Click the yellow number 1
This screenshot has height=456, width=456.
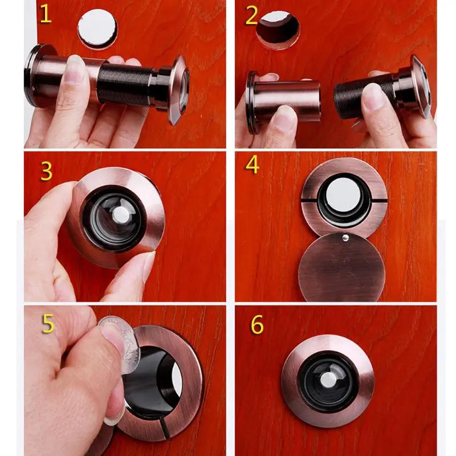tap(45, 14)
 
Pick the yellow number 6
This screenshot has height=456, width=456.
tap(257, 325)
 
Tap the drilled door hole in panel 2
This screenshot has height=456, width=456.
tap(278, 28)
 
